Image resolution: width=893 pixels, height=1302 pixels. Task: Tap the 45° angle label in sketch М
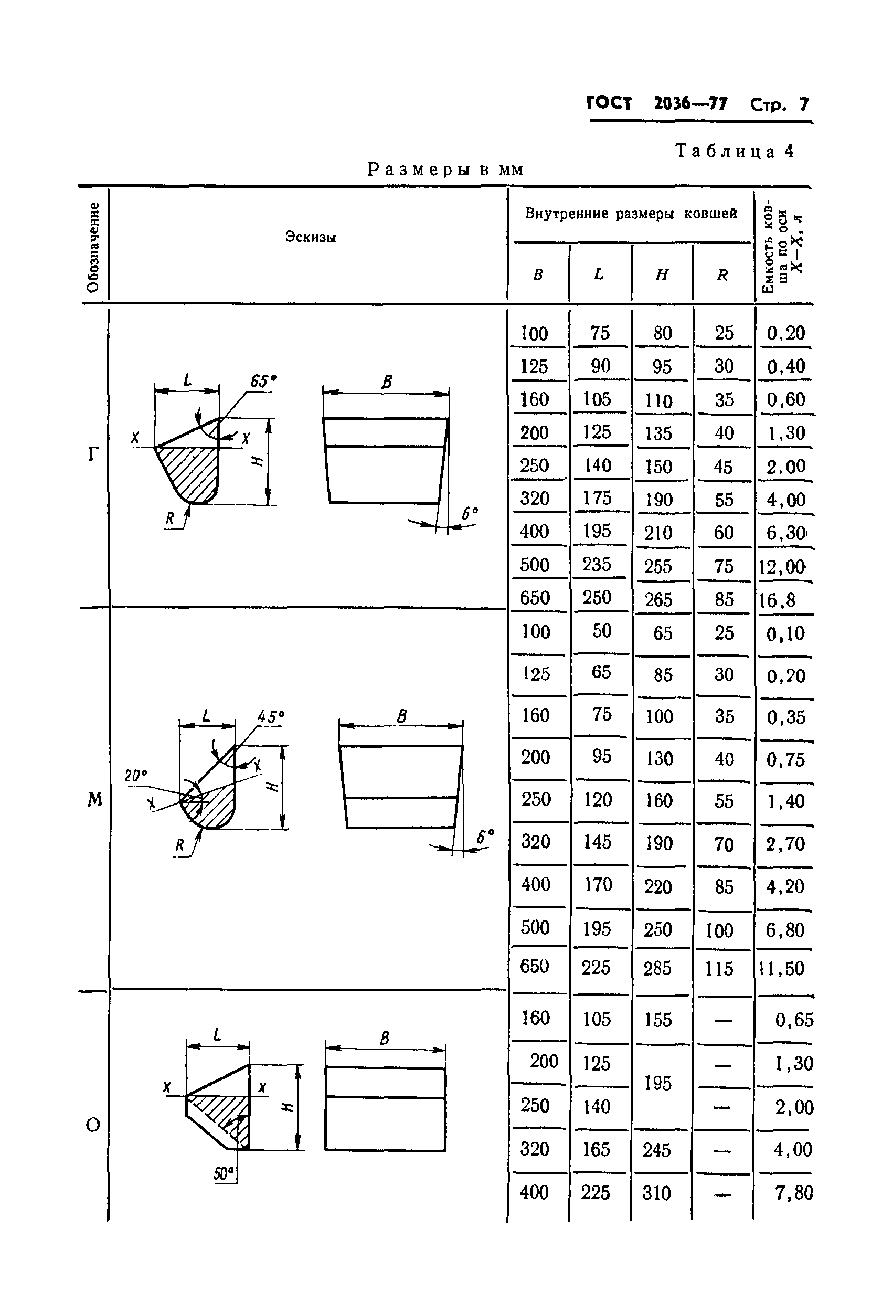271,716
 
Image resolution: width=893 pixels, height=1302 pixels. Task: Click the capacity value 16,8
777,600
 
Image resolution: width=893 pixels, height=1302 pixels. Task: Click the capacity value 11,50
782,969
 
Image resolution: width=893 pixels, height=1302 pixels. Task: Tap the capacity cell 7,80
794,1193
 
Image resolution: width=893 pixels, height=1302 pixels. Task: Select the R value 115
719,969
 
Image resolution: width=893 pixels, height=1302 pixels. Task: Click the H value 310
656,1193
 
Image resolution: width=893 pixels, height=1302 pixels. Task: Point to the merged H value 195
658,1083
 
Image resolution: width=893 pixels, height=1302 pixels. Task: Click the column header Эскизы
311,237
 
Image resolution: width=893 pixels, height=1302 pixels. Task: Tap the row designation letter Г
93,453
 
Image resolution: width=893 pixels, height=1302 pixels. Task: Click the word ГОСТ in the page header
609,103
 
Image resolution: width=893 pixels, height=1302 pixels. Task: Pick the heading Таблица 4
735,151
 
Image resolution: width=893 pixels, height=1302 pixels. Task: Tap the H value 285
657,969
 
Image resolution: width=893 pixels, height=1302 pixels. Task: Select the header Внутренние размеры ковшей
631,214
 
